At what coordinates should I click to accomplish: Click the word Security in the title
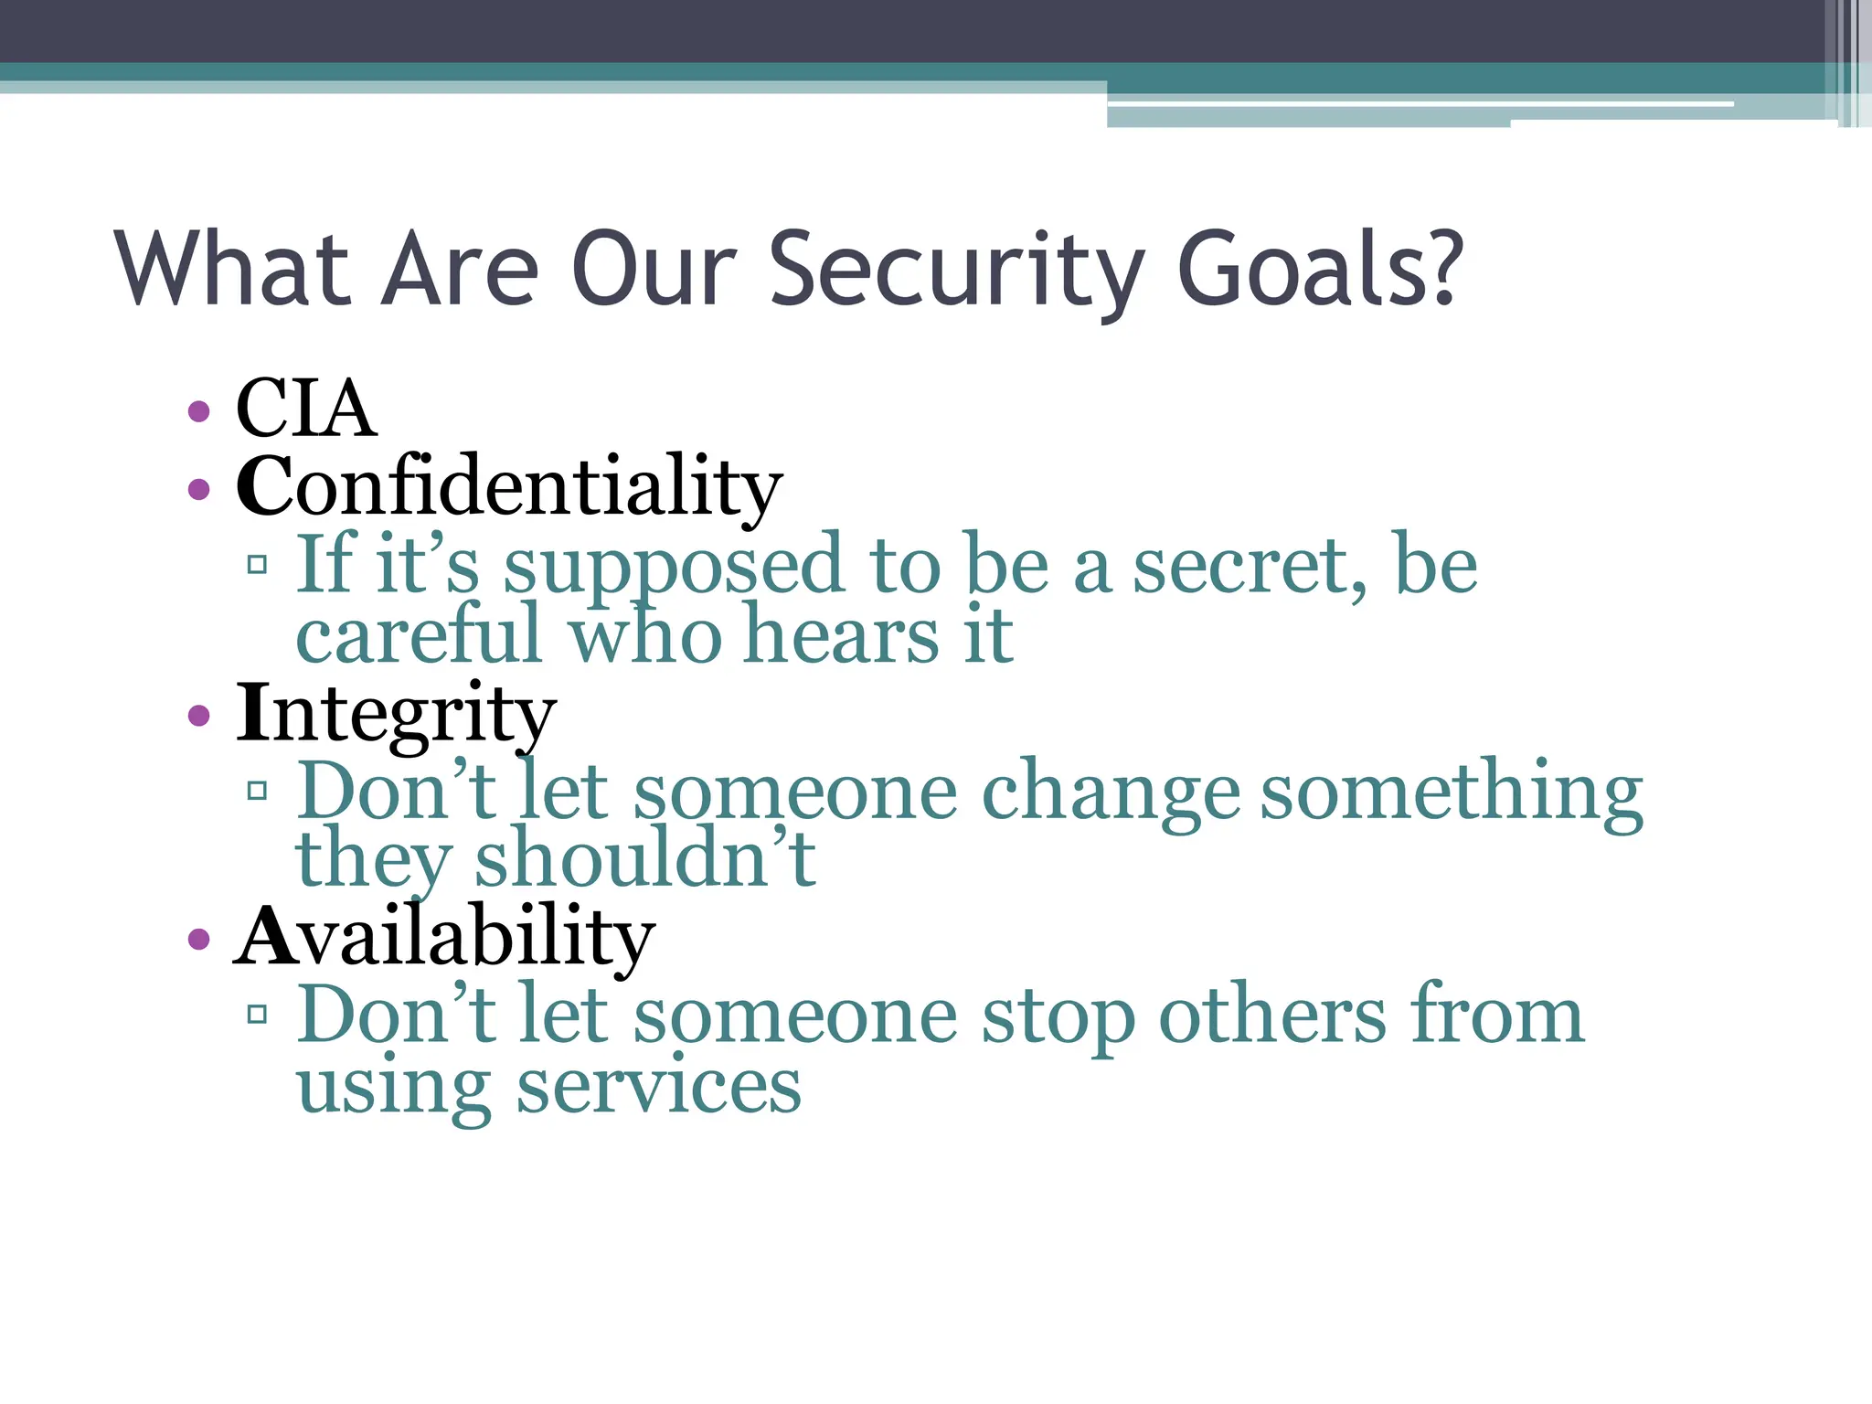pyautogui.click(x=955, y=270)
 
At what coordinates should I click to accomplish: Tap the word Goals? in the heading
pyautogui.click(x=1319, y=270)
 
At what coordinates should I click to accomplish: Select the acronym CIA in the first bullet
pyautogui.click(x=304, y=409)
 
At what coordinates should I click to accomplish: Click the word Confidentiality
pyautogui.click(x=508, y=486)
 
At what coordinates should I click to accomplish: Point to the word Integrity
pyautogui.click(x=395, y=714)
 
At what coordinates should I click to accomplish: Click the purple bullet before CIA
pyautogui.click(x=198, y=411)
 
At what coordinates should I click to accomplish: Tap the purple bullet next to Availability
pyautogui.click(x=198, y=939)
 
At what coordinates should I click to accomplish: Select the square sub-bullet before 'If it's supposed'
pyautogui.click(x=258, y=564)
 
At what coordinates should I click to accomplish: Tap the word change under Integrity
pyautogui.click(x=1110, y=791)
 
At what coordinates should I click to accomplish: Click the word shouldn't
pyautogui.click(x=644, y=859)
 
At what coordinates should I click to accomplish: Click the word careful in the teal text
pyautogui.click(x=419, y=635)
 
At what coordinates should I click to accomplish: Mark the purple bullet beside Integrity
pyautogui.click(x=198, y=715)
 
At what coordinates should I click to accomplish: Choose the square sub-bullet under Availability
pyautogui.click(x=258, y=1014)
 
